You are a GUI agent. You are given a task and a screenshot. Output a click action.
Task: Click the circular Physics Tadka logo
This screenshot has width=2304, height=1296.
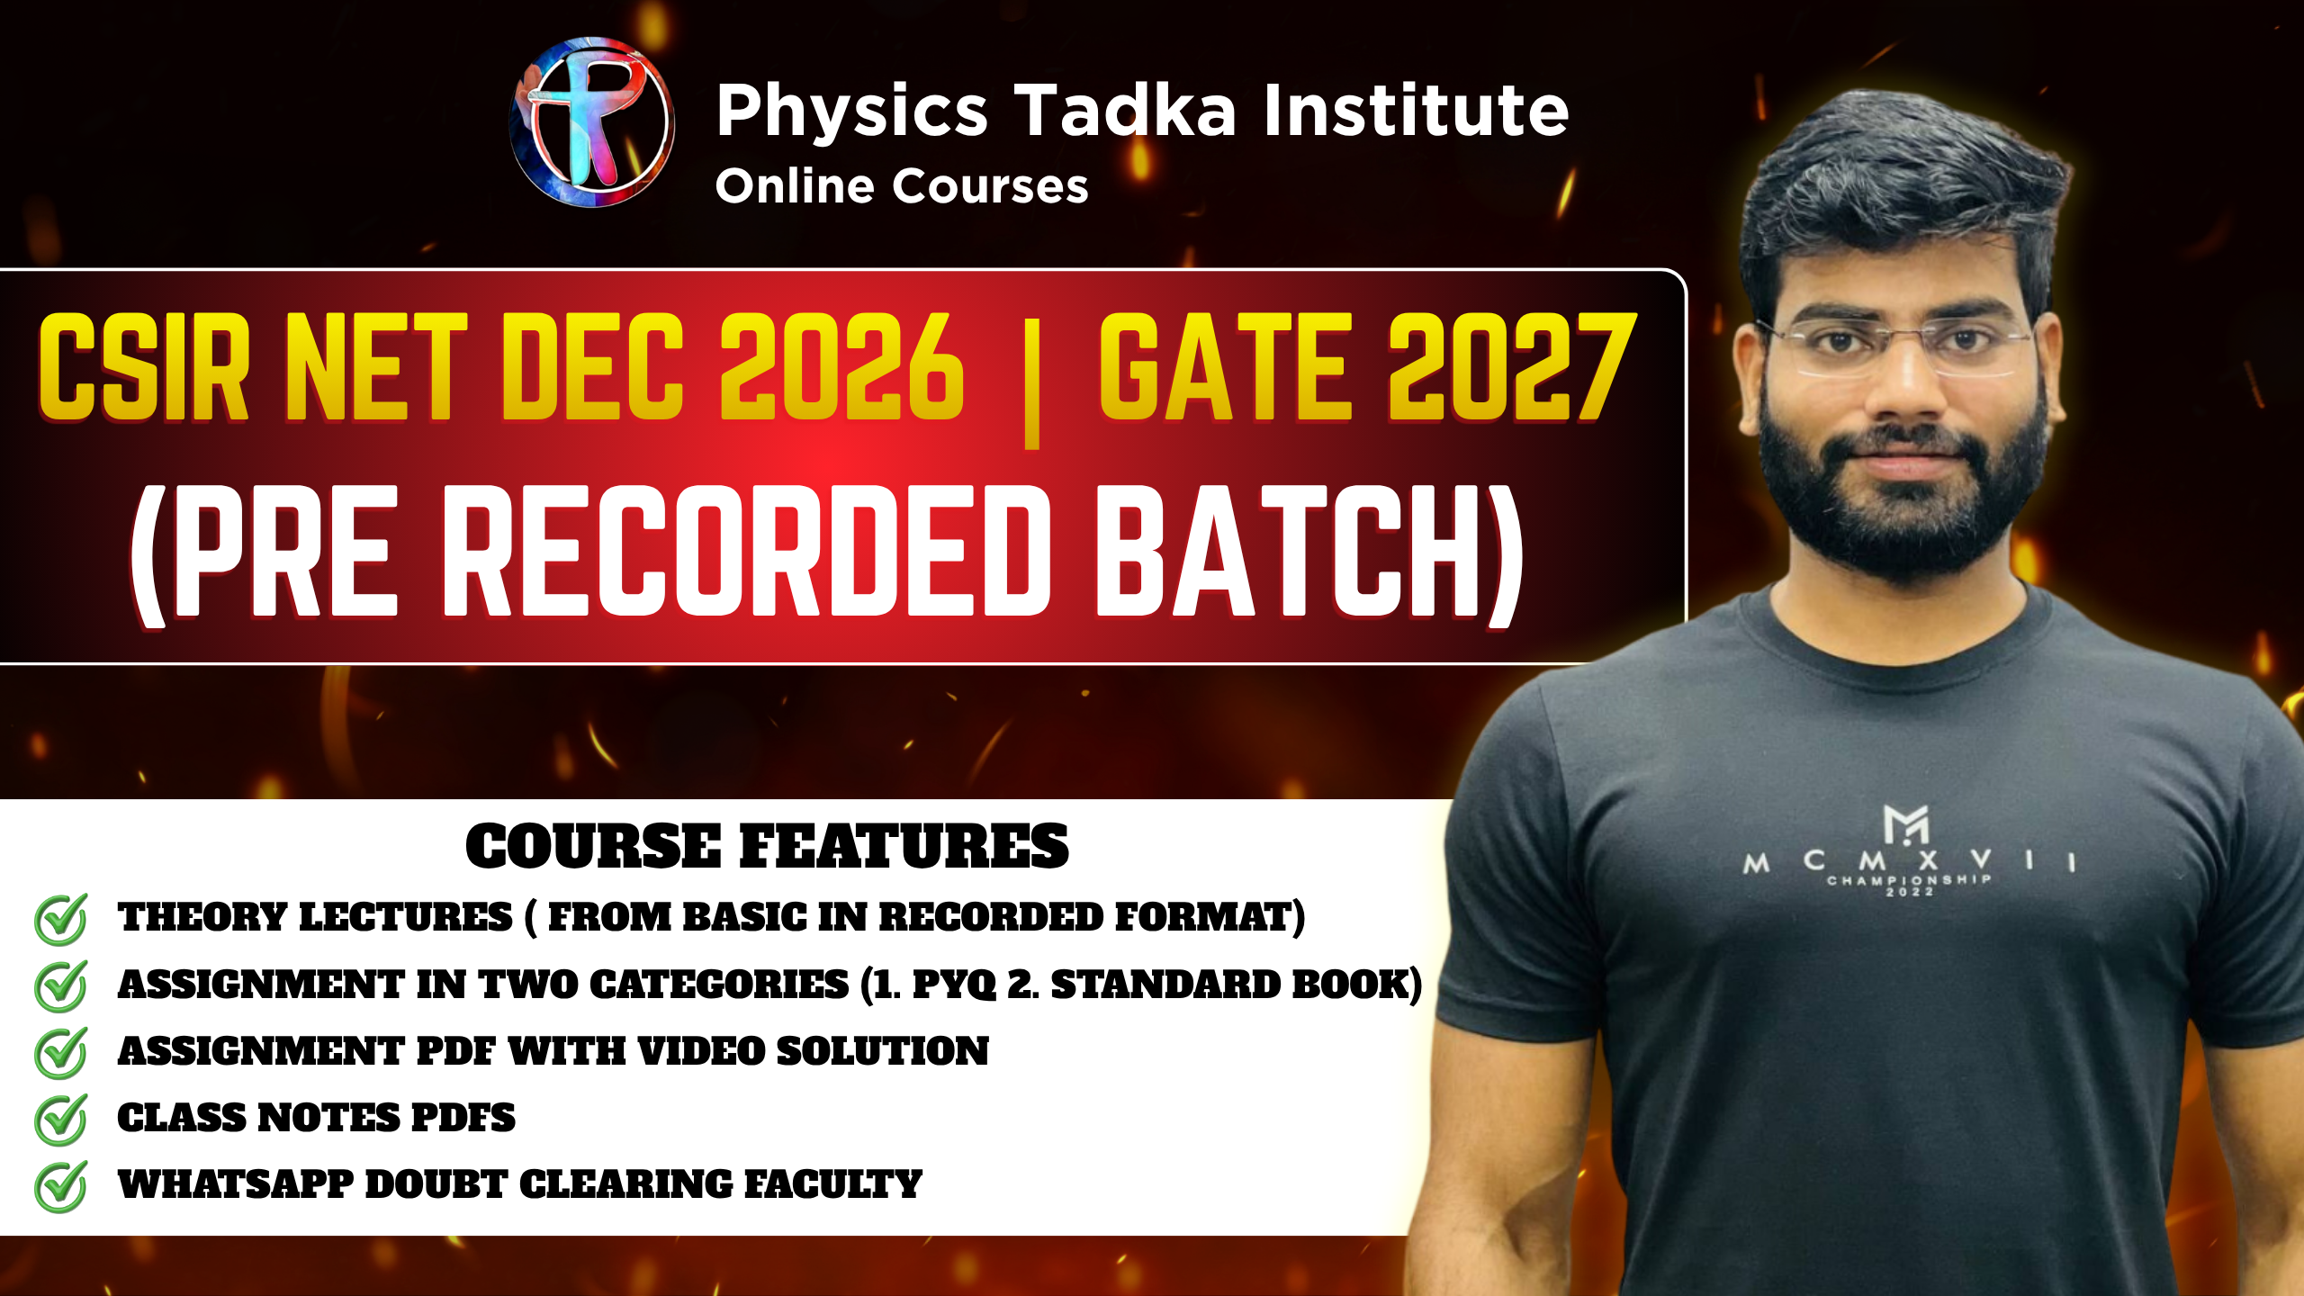[592, 121]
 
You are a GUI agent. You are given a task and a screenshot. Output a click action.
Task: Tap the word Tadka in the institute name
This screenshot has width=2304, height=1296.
[1126, 112]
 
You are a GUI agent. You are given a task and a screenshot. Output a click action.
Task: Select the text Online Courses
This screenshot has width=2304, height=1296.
[901, 187]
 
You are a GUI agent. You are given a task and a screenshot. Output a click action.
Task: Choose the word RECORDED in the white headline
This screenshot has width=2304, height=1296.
[747, 551]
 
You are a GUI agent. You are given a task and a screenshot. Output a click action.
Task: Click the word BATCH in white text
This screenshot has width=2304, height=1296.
[1287, 551]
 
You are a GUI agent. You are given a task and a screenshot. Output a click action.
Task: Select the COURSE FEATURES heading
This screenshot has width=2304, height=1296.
[767, 847]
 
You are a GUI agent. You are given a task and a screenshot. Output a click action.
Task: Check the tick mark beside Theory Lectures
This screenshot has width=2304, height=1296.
[61, 919]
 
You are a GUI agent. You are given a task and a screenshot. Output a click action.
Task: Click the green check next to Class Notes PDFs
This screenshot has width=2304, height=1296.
[61, 1120]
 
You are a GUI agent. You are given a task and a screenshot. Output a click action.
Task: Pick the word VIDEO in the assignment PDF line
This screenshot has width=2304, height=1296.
[700, 1051]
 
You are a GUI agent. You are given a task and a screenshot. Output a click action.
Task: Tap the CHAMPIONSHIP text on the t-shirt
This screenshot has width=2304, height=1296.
[1908, 879]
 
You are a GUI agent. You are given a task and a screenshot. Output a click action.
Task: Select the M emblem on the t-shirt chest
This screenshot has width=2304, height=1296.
[1905, 824]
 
